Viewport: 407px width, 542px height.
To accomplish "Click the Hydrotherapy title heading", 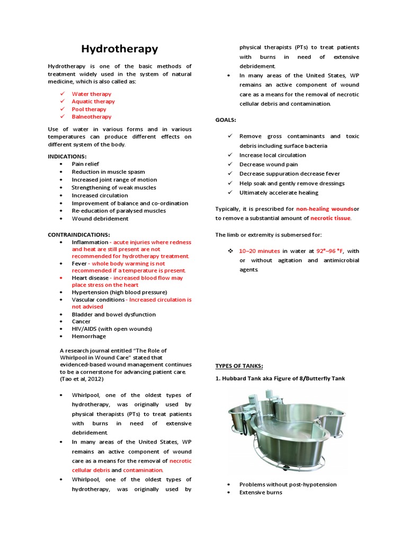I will (119, 49).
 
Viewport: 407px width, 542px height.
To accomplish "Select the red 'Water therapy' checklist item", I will (92, 94).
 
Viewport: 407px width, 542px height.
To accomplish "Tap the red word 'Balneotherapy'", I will (92, 116).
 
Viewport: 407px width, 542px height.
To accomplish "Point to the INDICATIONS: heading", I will (67, 156).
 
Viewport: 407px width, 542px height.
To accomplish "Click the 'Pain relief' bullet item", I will (85, 164).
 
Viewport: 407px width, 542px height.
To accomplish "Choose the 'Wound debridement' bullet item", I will (100, 218).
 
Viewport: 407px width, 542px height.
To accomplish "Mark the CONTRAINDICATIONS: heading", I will (79, 234).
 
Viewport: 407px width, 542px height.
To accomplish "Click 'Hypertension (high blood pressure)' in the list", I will (119, 292).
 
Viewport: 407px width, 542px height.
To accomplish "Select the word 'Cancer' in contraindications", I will (81, 321).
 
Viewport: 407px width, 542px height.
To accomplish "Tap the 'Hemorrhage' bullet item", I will (89, 336).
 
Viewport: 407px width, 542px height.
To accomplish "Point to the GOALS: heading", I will (226, 120).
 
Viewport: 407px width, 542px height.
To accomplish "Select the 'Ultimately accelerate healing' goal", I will (279, 193).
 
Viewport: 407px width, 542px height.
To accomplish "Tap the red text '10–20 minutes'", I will (259, 251).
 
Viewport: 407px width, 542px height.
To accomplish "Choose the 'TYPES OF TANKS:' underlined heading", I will (238, 366).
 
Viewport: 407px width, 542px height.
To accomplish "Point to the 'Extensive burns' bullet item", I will (260, 492).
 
